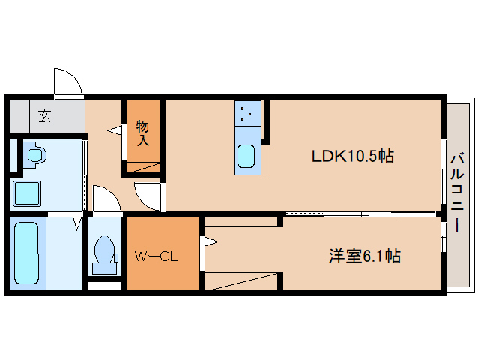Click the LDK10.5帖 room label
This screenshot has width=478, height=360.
(352, 157)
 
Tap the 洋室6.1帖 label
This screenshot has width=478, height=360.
(364, 256)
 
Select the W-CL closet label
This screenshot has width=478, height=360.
(156, 256)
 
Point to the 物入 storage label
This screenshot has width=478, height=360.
(142, 132)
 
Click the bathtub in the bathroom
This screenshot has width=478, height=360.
(26, 253)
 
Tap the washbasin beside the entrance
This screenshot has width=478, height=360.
(34, 156)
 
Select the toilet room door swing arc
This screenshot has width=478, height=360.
(105, 201)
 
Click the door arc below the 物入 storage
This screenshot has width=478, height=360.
(148, 196)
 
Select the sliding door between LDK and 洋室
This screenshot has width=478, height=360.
(360, 214)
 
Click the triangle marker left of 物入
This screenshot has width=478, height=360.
(115, 130)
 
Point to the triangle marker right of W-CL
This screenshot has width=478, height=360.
(211, 241)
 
